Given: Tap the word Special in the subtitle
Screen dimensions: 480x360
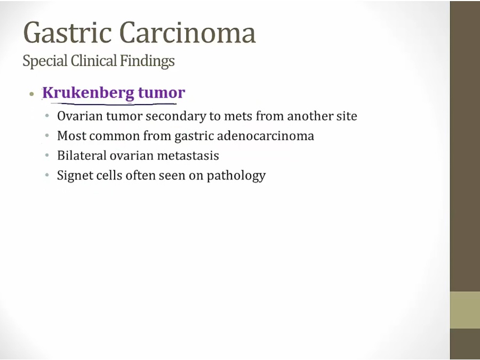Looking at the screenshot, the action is [x=45, y=61].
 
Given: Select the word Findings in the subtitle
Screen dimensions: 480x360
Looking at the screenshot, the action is [x=147, y=61].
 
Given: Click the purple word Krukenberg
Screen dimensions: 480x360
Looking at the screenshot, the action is [x=88, y=93].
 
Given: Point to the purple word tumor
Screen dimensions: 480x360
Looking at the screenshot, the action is [x=162, y=93].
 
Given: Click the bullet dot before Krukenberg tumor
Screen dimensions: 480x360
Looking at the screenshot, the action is [x=31, y=94].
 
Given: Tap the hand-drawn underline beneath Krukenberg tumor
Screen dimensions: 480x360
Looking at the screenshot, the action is [x=113, y=104].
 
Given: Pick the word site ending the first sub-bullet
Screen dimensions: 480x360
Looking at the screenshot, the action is [x=346, y=116].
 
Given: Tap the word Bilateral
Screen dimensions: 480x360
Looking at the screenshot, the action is [x=82, y=155].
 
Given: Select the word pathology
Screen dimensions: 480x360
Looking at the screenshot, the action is [x=236, y=175].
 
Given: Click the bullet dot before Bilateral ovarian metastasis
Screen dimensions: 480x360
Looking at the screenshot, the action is [x=47, y=156].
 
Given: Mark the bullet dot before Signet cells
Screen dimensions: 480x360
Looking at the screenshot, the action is [x=47, y=175].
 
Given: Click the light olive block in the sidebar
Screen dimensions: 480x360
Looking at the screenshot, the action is [x=465, y=310].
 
